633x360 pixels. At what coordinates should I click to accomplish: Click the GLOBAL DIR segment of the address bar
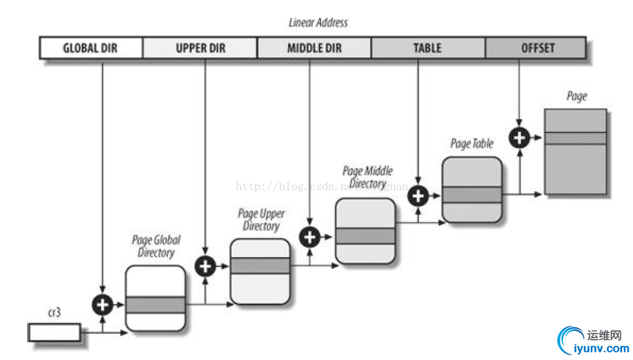91,48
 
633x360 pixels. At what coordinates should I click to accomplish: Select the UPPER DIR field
200,48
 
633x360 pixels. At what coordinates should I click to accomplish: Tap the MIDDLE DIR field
314,48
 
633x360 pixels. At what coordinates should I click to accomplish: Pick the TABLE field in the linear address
428,48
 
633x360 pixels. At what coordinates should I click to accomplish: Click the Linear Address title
318,23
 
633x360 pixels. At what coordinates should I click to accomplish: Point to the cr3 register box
54,332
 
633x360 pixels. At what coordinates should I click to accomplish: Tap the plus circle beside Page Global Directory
102,304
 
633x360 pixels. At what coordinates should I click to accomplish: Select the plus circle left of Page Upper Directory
205,266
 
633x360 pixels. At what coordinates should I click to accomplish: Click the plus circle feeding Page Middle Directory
310,237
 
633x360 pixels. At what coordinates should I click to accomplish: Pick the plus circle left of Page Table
419,196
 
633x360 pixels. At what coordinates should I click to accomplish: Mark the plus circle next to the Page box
519,138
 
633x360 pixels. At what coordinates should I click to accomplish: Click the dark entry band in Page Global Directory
155,305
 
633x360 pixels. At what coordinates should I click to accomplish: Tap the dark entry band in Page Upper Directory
260,266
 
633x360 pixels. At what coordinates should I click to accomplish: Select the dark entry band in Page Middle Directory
365,236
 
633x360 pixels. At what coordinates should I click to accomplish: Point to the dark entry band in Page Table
472,195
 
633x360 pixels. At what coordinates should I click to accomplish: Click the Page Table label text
472,144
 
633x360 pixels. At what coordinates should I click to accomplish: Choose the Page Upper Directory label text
261,220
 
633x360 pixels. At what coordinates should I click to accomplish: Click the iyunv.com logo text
600,349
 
